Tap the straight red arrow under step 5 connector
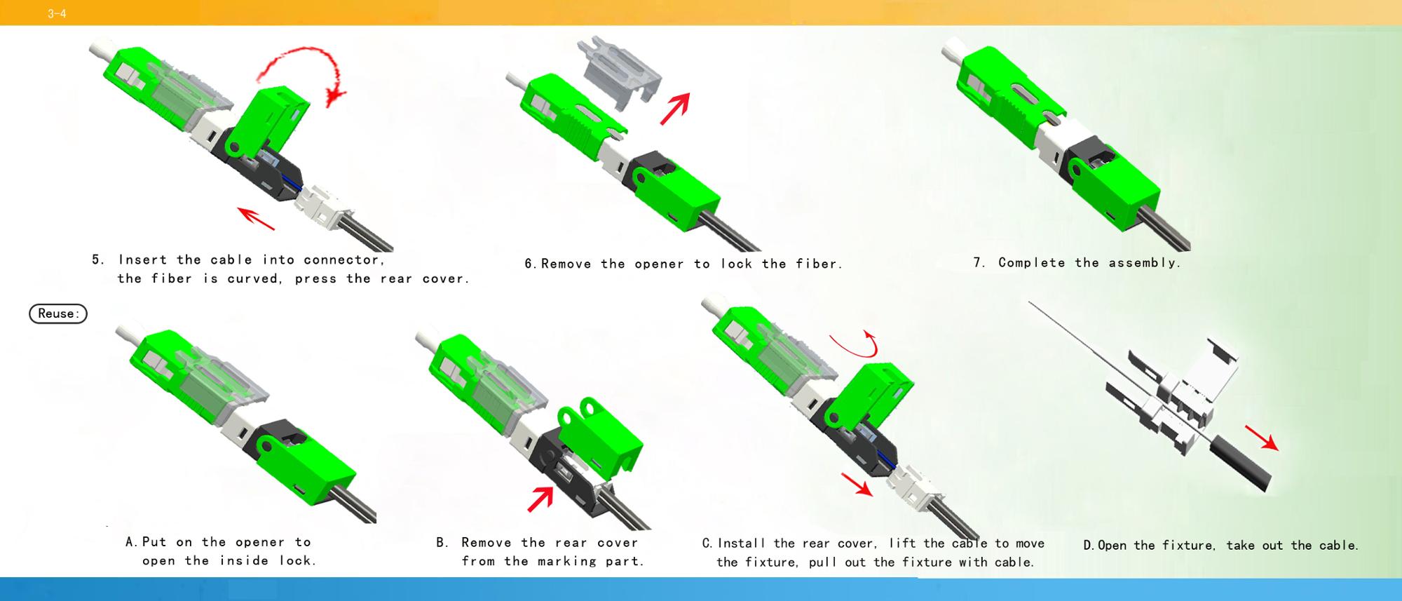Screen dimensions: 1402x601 pyautogui.click(x=256, y=218)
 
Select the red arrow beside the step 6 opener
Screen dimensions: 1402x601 pyautogui.click(x=675, y=109)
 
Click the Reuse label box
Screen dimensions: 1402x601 pyautogui.click(x=58, y=313)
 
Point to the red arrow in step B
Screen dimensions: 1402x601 pyautogui.click(x=540, y=499)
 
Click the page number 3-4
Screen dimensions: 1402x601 pyautogui.click(x=57, y=13)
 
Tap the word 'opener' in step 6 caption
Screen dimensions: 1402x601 pyautogui.click(x=659, y=264)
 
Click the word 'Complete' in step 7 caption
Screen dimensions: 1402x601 pyautogui.click(x=1031, y=263)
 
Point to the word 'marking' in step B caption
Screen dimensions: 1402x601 pyautogui.click(x=567, y=562)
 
